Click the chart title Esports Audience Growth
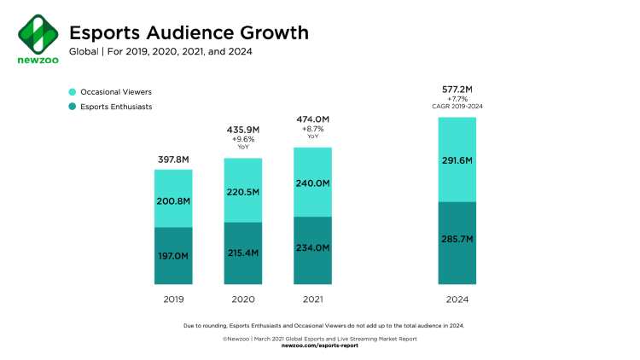[189, 32]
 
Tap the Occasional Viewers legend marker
[73, 91]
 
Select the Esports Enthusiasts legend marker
[73, 107]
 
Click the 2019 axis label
[173, 299]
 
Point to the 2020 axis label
[242, 299]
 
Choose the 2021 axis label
[312, 299]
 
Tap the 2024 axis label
[457, 299]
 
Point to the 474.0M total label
[312, 119]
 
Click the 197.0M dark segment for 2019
[173, 255]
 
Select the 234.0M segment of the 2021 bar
[312, 249]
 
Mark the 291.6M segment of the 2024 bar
[457, 160]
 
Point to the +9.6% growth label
[242, 138]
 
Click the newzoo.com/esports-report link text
[320, 346]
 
